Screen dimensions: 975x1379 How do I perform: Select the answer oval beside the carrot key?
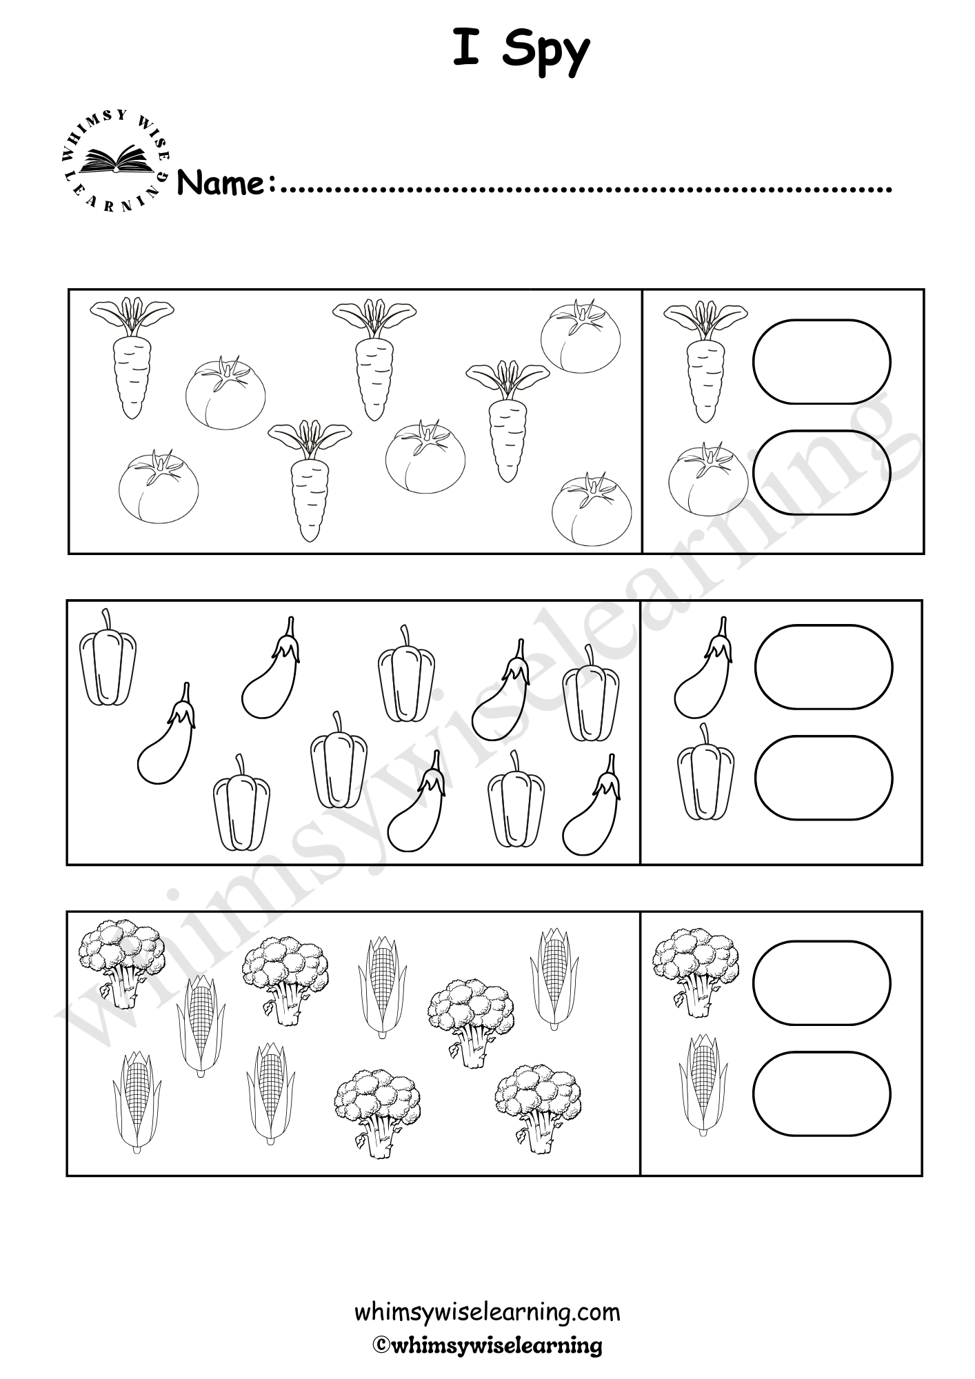click(821, 361)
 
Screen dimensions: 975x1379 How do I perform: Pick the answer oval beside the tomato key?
click(821, 472)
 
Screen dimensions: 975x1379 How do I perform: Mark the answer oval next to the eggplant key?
click(824, 667)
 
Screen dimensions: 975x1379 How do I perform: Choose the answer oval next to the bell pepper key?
click(824, 778)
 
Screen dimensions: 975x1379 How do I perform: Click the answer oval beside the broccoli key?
click(821, 983)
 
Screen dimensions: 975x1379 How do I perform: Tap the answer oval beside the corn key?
click(821, 1094)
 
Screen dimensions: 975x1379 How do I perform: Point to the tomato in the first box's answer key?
click(708, 479)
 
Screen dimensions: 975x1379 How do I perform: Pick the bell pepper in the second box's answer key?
click(705, 772)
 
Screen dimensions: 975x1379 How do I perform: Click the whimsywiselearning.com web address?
click(487, 1312)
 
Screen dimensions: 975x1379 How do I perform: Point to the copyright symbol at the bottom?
click(381, 1345)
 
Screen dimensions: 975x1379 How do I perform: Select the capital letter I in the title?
click(466, 48)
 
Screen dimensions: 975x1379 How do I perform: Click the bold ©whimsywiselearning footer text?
click(487, 1345)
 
